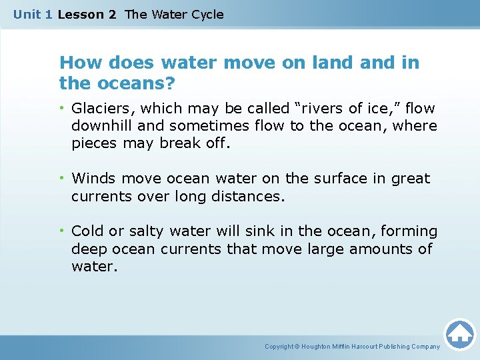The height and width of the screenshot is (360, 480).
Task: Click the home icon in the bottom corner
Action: click(459, 334)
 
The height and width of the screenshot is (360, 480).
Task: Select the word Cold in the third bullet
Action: click(87, 231)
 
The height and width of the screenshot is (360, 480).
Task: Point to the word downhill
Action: click(99, 126)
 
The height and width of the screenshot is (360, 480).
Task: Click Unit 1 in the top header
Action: click(33, 14)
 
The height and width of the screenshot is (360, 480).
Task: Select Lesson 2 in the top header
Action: click(87, 14)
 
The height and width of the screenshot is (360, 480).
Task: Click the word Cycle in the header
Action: click(206, 14)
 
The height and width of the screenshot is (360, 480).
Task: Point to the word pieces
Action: click(93, 143)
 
